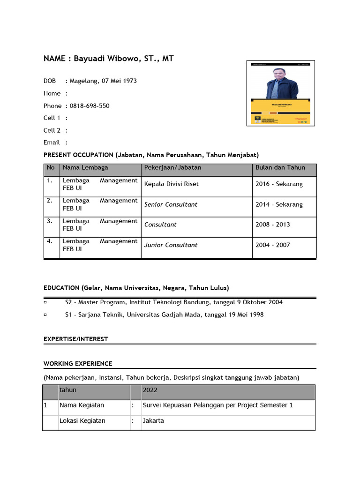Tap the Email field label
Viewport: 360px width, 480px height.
[52, 142]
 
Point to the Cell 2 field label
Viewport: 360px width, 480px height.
[52, 130]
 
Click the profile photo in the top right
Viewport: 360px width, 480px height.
[281, 93]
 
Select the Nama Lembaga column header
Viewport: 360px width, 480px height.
[85, 167]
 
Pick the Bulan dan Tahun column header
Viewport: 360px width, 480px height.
[280, 167]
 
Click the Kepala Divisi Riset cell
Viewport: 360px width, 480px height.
[172, 184]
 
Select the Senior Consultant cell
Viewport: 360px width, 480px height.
[171, 204]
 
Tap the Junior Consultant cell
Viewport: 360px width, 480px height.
[171, 245]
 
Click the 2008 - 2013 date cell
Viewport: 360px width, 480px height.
[273, 225]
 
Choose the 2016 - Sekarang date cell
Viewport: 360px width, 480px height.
[279, 184]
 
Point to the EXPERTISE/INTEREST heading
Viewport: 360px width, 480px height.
[76, 339]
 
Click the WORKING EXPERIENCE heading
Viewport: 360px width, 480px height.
[78, 363]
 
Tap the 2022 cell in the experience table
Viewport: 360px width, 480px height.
[150, 390]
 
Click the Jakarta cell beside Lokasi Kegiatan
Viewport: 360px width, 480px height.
[153, 421]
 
